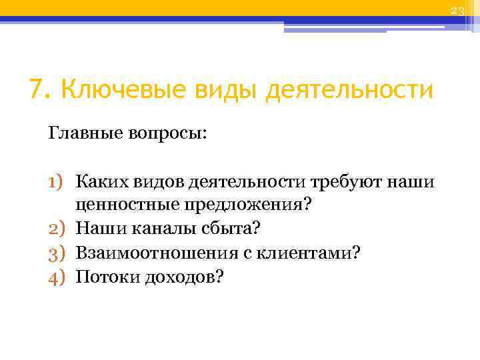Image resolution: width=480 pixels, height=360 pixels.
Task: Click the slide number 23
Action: click(x=457, y=11)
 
